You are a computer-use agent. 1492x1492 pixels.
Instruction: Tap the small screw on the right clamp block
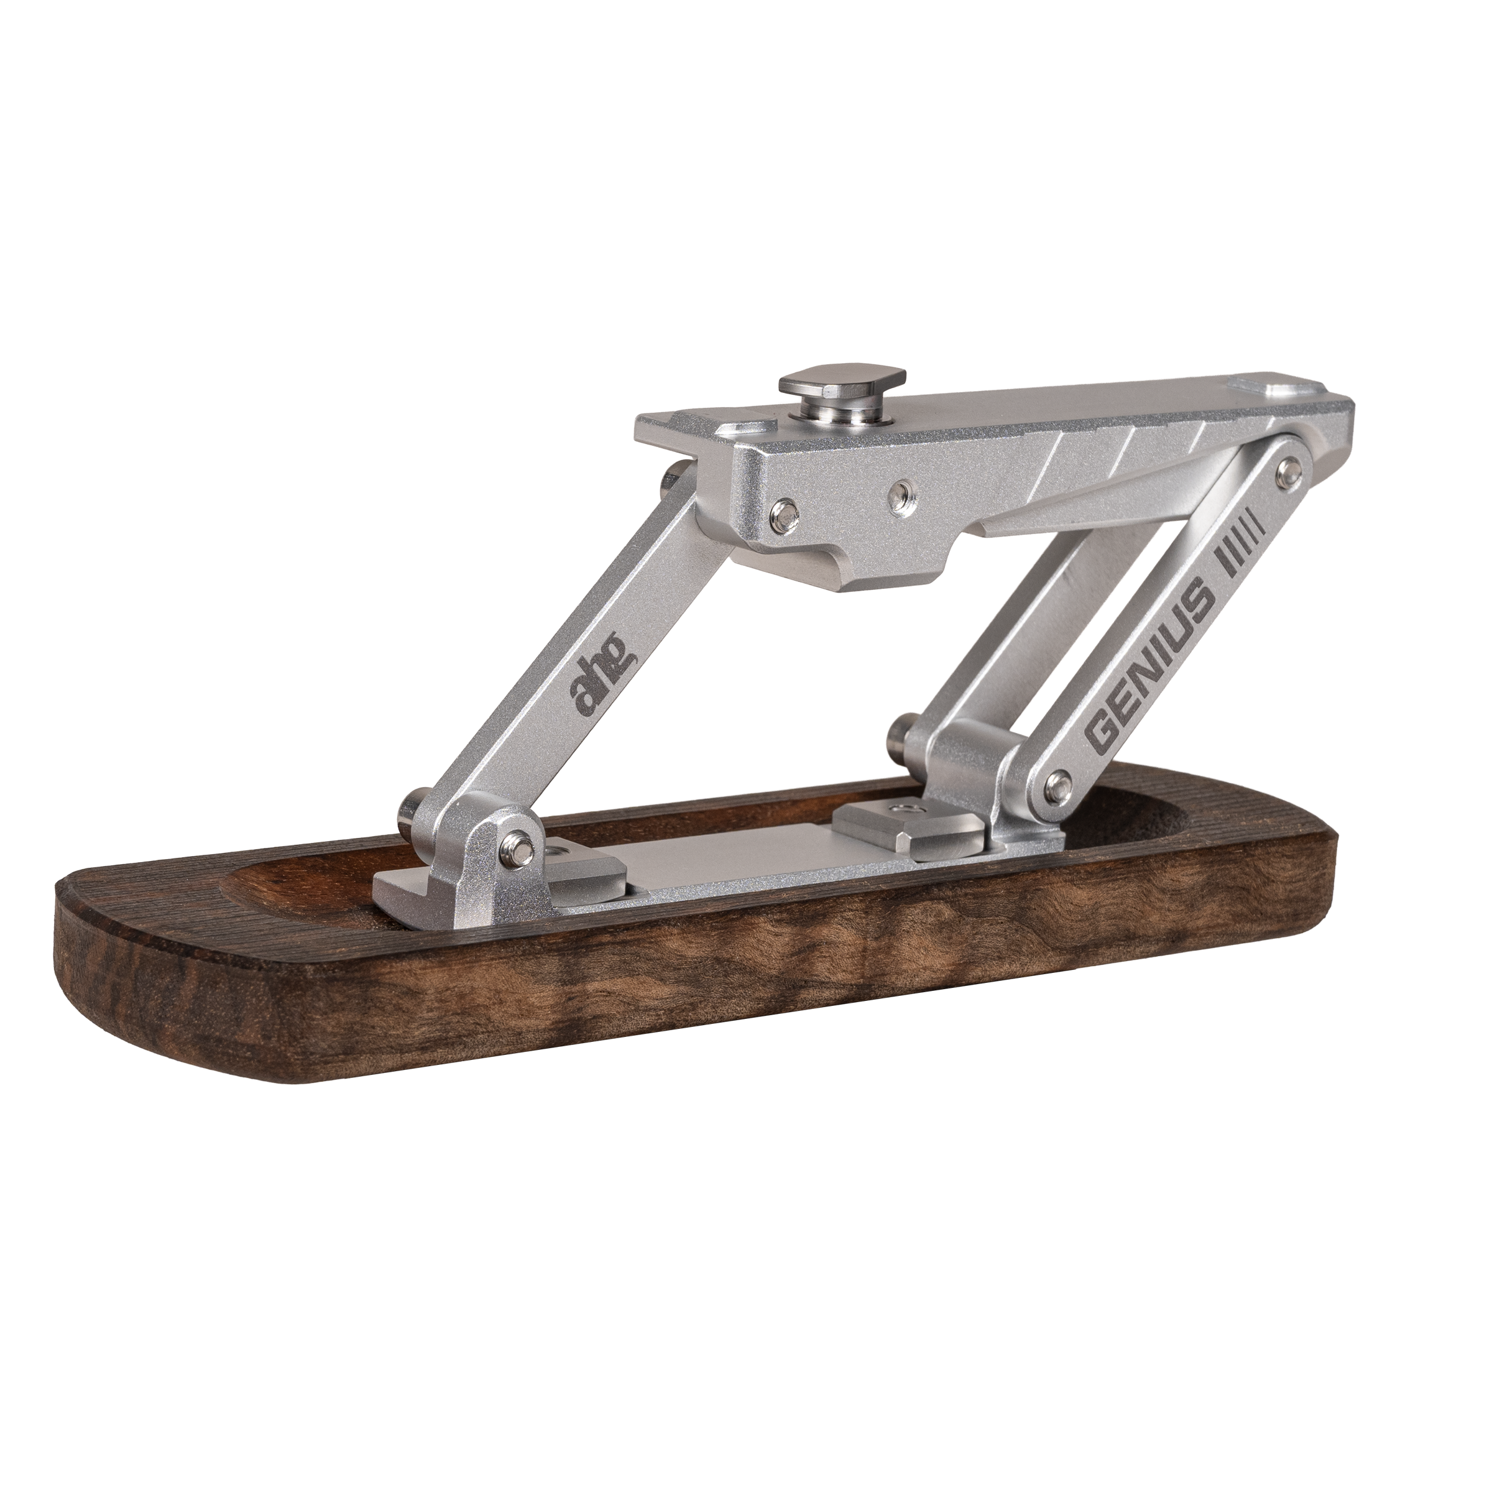pos(899,809)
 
